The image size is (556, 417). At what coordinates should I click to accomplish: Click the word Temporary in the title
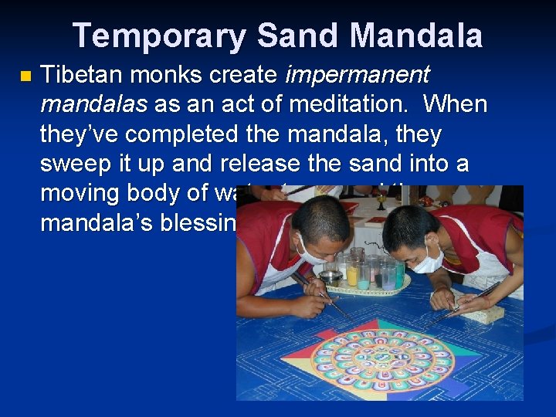pos(158,36)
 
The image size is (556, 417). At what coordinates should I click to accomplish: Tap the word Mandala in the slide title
pos(418,36)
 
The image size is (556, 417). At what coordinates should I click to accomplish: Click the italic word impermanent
pos(358,76)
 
